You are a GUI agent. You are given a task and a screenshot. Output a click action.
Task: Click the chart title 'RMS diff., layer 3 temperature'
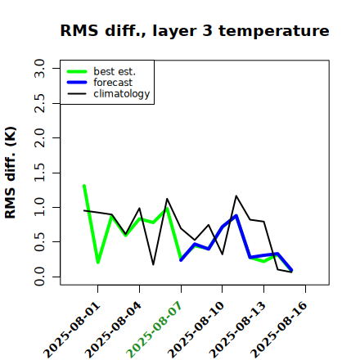(x=195, y=30)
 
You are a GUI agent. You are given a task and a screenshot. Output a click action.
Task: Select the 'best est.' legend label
(x=115, y=71)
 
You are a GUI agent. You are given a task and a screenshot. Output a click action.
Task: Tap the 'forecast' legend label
(x=113, y=83)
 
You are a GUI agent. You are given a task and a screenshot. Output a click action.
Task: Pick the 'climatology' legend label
(x=122, y=94)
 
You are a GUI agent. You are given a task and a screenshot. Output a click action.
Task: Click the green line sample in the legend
(x=77, y=71)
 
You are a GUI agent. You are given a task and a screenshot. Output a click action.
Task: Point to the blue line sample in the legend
(x=77, y=83)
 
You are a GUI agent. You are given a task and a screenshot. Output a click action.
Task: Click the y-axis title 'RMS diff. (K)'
(x=11, y=173)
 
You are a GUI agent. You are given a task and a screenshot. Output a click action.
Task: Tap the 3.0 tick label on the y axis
(x=39, y=68)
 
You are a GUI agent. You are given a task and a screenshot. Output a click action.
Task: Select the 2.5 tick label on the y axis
(x=39, y=103)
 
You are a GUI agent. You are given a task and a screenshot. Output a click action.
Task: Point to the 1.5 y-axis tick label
(x=39, y=173)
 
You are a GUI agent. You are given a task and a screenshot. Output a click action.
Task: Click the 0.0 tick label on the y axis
(x=39, y=277)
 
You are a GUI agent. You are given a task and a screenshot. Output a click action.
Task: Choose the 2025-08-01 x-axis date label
(x=71, y=330)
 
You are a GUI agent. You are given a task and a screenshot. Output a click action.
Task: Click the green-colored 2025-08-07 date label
(x=155, y=330)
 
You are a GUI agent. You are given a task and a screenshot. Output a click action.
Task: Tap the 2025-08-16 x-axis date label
(x=279, y=330)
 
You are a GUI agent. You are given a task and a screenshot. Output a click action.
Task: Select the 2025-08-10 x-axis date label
(x=196, y=330)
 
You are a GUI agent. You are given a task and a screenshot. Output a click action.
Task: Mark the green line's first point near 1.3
(x=84, y=186)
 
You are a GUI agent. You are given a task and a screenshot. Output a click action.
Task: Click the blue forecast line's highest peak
(x=236, y=215)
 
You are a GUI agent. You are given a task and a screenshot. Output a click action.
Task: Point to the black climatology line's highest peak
(x=236, y=196)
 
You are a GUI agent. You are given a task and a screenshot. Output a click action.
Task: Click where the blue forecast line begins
(x=181, y=260)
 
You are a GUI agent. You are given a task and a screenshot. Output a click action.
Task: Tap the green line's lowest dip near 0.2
(x=98, y=263)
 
